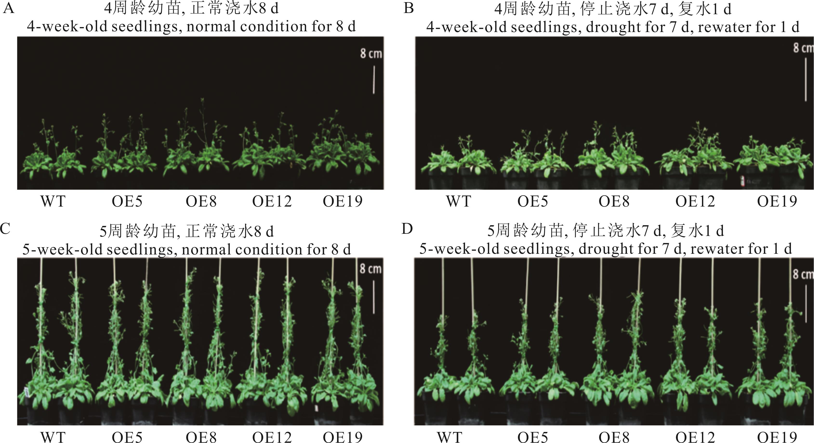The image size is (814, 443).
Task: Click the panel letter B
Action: pos(409,8)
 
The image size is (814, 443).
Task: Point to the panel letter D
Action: pos(407,229)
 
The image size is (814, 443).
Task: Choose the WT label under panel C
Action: pos(53,437)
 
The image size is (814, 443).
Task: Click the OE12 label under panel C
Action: pos(272,437)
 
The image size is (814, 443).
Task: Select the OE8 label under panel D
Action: pos(614,437)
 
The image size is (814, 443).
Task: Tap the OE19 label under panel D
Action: pos(777,437)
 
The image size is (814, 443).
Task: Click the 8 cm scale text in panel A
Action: pos(371,53)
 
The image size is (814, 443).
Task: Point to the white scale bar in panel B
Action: pos(806,79)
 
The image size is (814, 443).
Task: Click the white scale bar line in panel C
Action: pos(374,297)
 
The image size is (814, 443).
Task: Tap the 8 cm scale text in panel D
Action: pos(803,274)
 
